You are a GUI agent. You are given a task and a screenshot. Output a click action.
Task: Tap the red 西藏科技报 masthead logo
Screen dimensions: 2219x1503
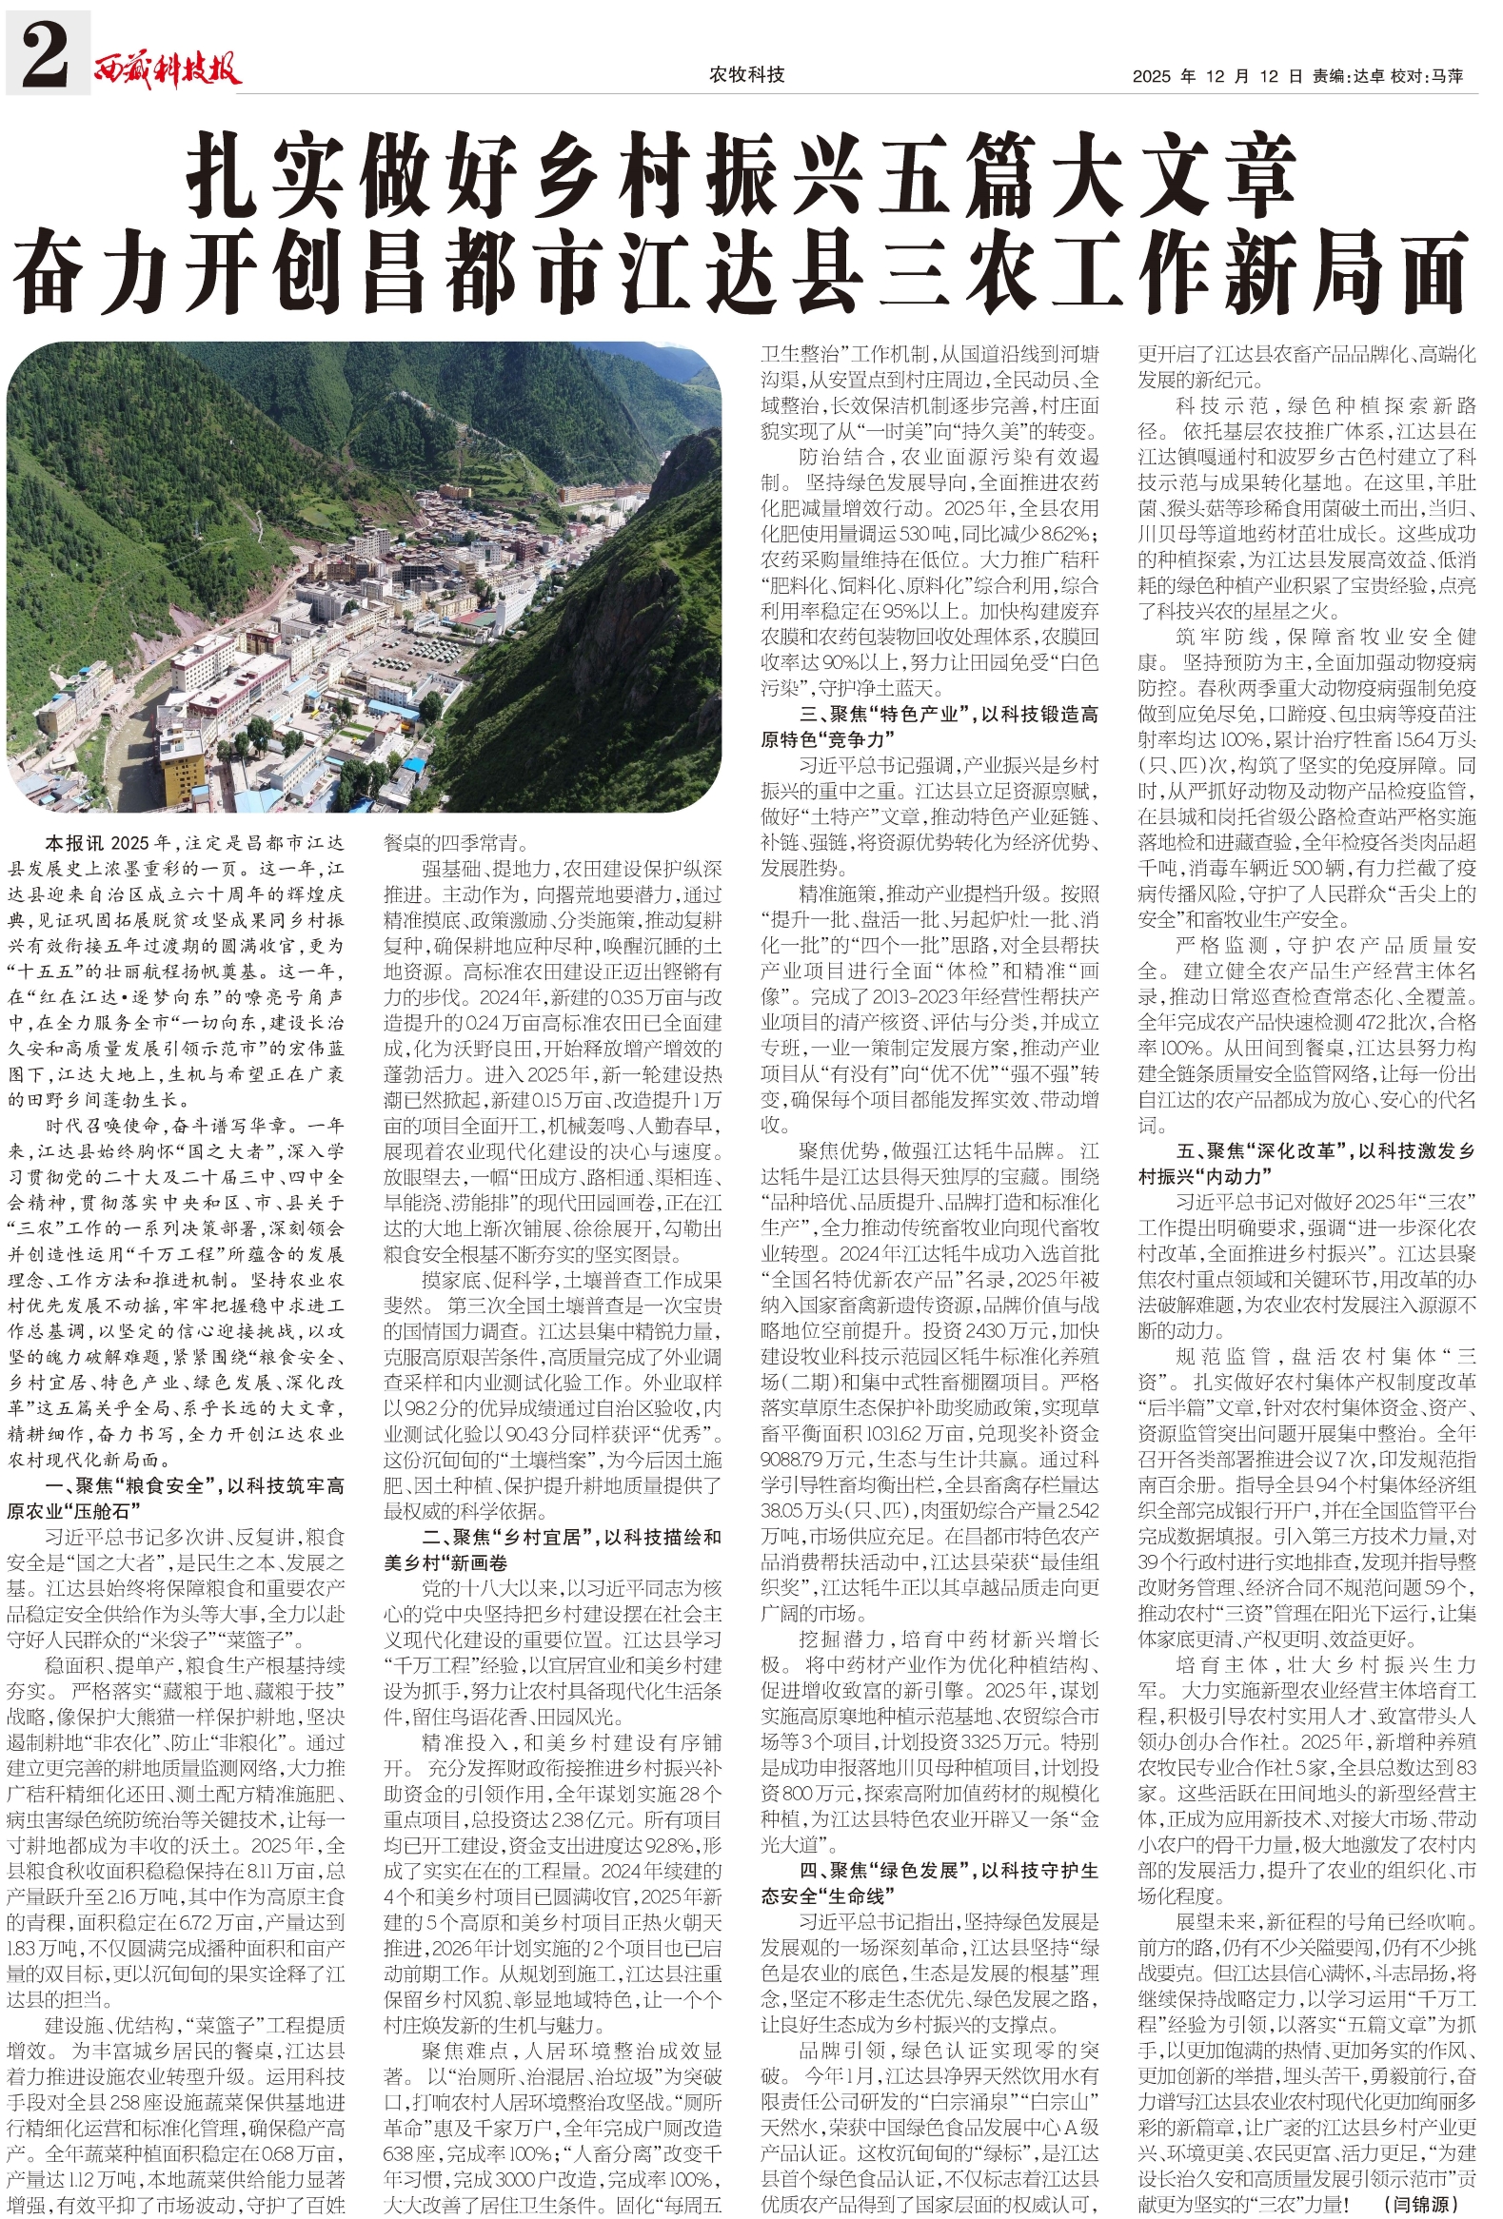pos(168,69)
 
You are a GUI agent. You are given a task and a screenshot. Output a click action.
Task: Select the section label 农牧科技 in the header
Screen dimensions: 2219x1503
pos(746,74)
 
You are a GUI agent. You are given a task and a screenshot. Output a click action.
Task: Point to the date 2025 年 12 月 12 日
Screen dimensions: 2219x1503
pos(1217,76)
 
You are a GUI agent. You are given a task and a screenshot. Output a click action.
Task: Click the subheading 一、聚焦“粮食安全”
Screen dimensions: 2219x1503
pos(125,1486)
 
